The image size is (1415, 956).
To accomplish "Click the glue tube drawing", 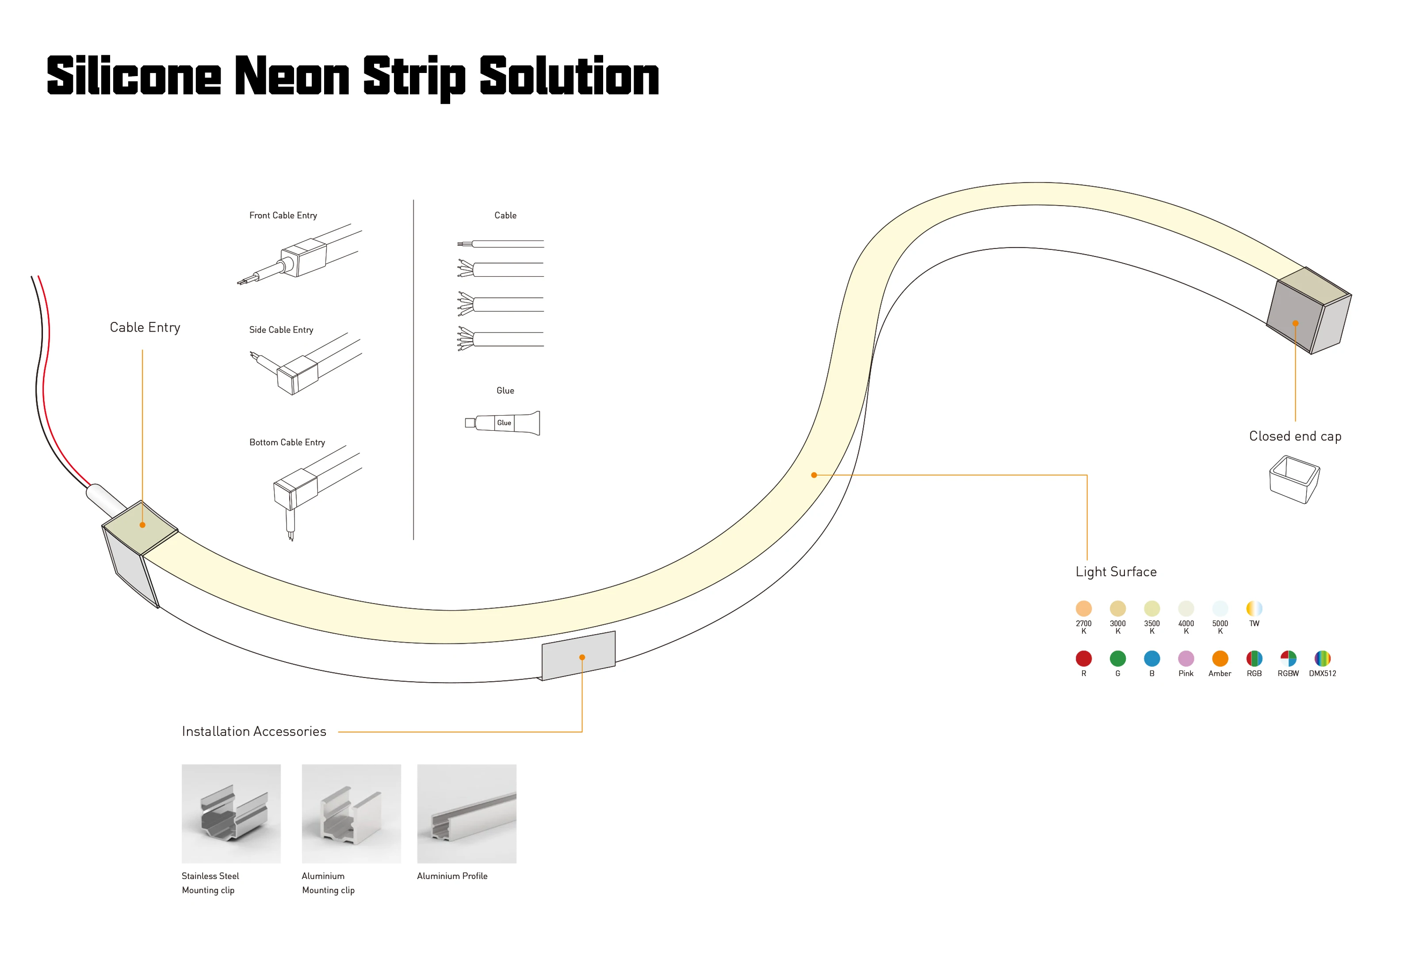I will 503,423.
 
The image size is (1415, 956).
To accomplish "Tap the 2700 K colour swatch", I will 1083,608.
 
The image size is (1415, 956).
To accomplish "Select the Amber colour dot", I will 1220,658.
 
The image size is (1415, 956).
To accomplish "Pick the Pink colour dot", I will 1186,658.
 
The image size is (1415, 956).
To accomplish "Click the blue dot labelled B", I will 1151,658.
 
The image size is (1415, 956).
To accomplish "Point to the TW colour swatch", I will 1254,608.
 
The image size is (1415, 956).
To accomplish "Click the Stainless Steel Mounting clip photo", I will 231,814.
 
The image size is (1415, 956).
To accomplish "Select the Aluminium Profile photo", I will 467,814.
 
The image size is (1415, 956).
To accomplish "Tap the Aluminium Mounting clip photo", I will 351,814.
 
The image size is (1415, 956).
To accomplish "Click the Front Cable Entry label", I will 283,215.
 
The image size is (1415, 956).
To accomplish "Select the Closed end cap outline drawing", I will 1294,480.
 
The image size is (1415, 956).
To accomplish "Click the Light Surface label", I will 1116,572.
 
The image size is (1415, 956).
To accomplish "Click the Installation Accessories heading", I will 254,731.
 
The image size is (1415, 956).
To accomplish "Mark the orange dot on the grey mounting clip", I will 582,658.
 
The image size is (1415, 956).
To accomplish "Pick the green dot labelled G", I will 1117,658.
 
